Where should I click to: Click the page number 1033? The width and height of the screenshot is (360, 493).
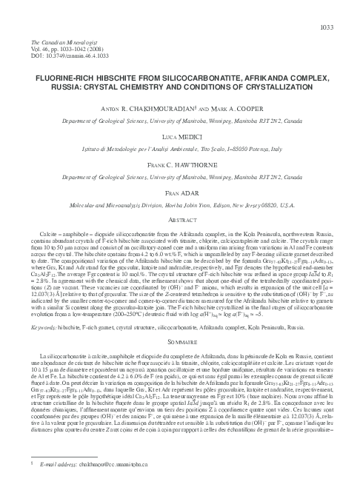[x=345, y=27]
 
